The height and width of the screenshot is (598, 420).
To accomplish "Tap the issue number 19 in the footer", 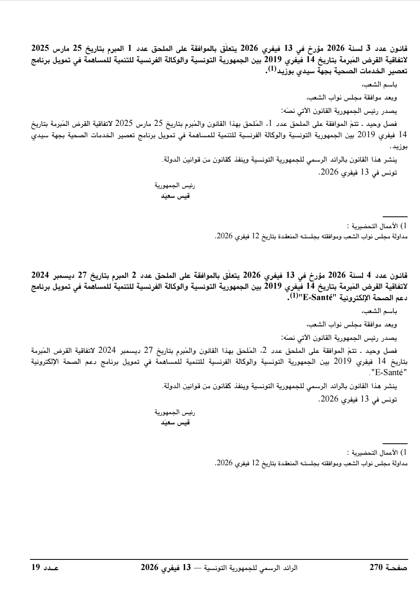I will (35, 566).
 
